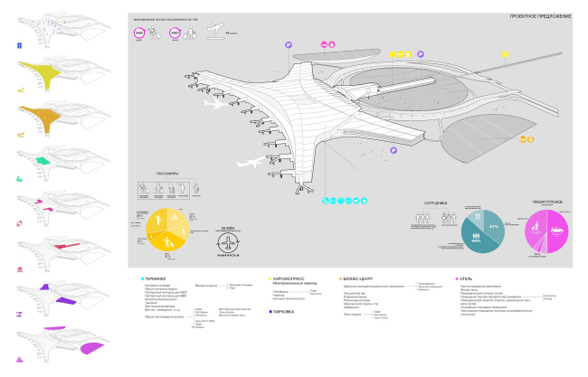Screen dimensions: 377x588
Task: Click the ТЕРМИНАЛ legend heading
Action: point(156,279)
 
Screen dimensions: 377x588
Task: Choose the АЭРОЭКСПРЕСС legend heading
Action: point(287,279)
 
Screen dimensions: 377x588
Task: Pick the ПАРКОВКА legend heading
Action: point(285,311)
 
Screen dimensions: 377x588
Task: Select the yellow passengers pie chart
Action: point(167,231)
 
